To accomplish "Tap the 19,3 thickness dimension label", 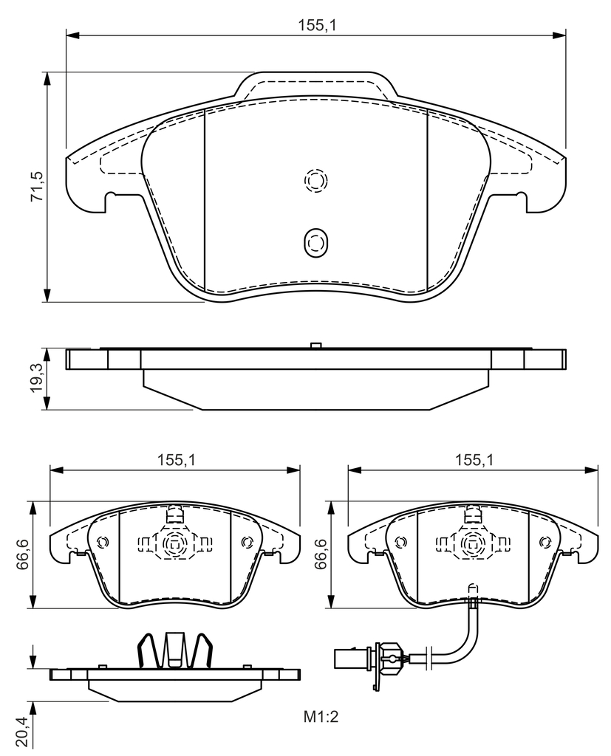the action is pyautogui.click(x=37, y=377).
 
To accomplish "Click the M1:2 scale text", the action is pyautogui.click(x=321, y=716).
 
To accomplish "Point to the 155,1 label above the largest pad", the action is pyautogui.click(x=316, y=25).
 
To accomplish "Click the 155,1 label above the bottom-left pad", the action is pyautogui.click(x=176, y=460).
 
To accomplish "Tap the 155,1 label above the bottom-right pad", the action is pyautogui.click(x=474, y=460).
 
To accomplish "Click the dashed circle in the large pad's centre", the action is pyautogui.click(x=315, y=181).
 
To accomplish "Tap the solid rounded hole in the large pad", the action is pyautogui.click(x=315, y=242).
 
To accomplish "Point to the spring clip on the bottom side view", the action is pyautogui.click(x=175, y=650).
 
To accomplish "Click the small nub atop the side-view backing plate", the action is pyautogui.click(x=315, y=346).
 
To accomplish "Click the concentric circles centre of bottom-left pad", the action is pyautogui.click(x=174, y=544).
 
